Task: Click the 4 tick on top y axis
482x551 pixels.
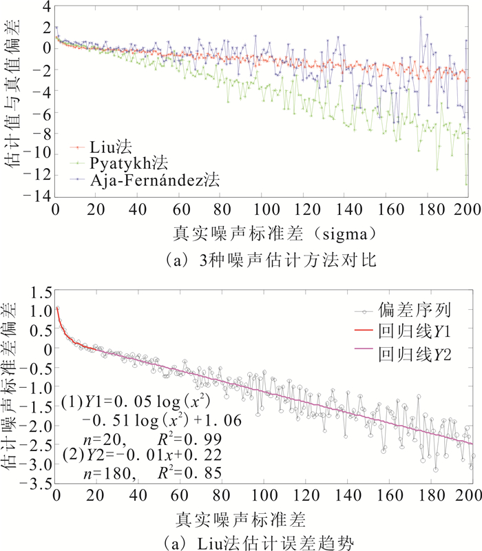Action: [45, 7]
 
